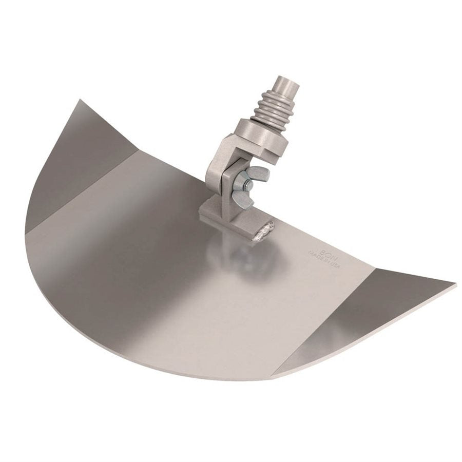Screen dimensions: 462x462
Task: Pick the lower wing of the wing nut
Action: (243, 200)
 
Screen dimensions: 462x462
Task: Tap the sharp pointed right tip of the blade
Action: (454, 284)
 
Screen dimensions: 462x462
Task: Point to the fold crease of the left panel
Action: (82, 190)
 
